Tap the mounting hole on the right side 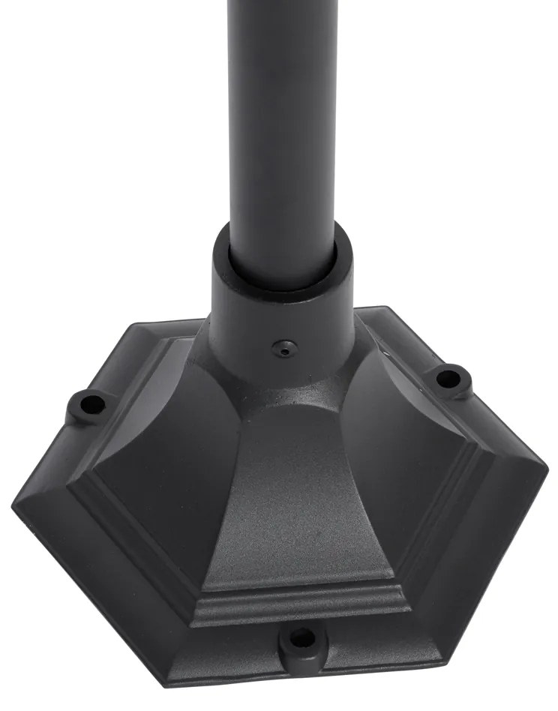click(448, 376)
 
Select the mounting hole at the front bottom click(301, 639)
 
